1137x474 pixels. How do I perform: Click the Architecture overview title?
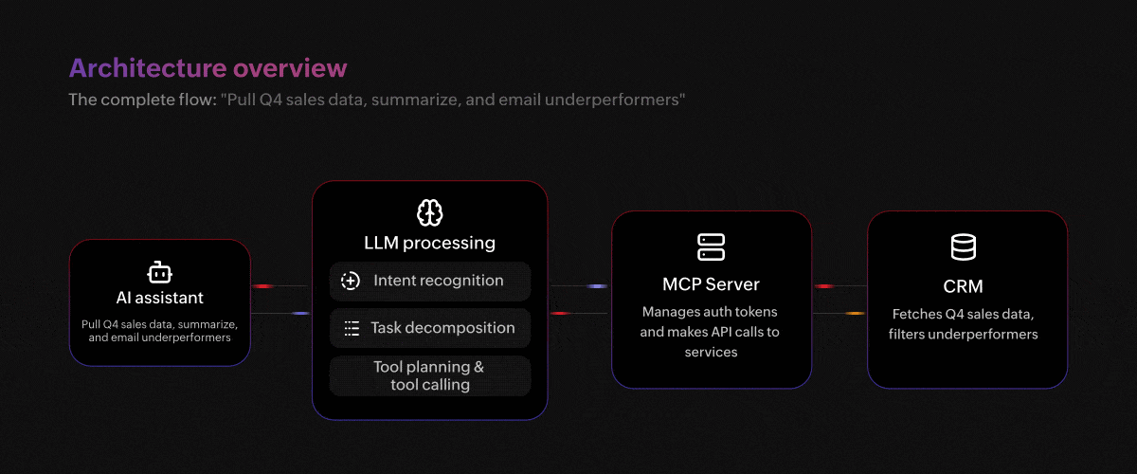(208, 68)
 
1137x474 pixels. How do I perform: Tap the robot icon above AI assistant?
(159, 272)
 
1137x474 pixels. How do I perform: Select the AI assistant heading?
(159, 298)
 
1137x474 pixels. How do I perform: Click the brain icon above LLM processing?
(429, 212)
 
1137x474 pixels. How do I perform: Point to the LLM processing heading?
(429, 243)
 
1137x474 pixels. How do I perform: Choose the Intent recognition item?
(430, 281)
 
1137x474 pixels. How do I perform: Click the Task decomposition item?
(430, 328)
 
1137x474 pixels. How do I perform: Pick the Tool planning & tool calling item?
(430, 376)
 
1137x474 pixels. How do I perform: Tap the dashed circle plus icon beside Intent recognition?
(351, 281)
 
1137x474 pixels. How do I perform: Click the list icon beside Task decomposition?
(352, 328)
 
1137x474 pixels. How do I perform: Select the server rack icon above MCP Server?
(711, 246)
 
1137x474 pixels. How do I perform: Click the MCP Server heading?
(711, 284)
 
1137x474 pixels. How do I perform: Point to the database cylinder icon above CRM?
(963, 246)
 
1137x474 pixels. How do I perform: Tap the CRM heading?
(963, 286)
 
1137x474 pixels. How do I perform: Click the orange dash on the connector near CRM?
(855, 314)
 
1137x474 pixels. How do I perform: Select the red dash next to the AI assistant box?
(263, 286)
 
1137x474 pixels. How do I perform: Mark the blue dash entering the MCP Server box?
(597, 286)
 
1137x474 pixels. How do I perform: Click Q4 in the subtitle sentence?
(270, 100)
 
